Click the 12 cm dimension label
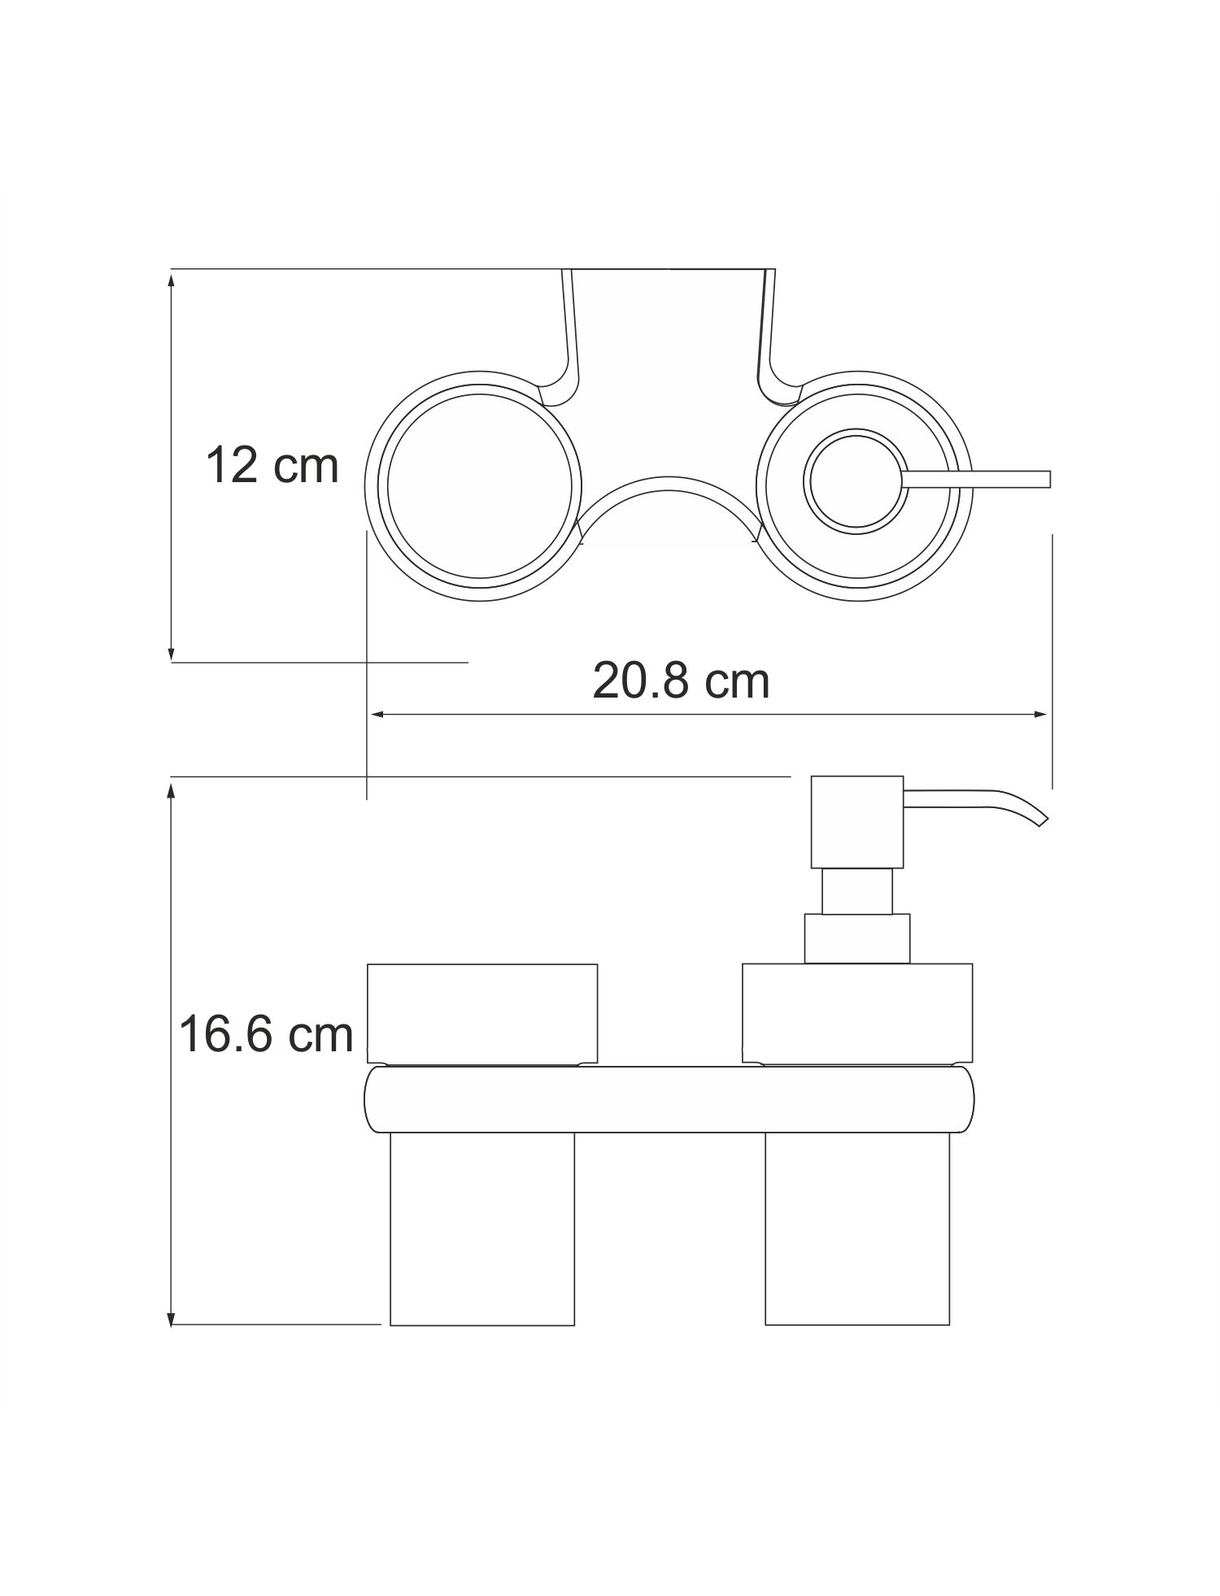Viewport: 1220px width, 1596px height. pos(272,466)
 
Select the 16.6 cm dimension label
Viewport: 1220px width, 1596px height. pos(266,1034)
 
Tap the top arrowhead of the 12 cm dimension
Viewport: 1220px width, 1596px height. pos(171,280)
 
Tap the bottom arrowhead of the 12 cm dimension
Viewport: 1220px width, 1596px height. pos(171,652)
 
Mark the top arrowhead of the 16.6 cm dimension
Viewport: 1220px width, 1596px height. pos(171,789)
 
